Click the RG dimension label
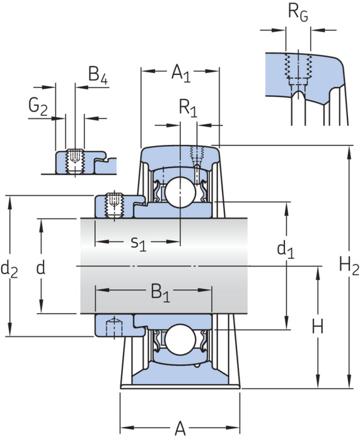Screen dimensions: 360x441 pyautogui.click(x=298, y=13)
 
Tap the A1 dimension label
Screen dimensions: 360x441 pyautogui.click(x=181, y=73)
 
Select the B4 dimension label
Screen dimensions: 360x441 pyautogui.click(x=98, y=75)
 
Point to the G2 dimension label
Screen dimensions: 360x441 pyautogui.click(x=38, y=106)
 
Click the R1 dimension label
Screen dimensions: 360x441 pyautogui.click(x=189, y=108)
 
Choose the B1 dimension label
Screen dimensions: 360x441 pyautogui.click(x=161, y=293)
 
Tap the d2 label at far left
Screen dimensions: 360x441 pyautogui.click(x=9, y=269)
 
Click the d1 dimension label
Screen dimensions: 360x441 pyautogui.click(x=286, y=249)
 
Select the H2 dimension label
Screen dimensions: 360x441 pyautogui.click(x=349, y=266)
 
